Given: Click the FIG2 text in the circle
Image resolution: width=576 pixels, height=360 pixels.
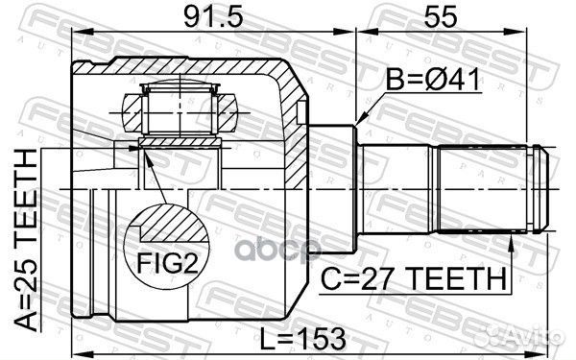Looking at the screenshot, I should pyautogui.click(x=169, y=260).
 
